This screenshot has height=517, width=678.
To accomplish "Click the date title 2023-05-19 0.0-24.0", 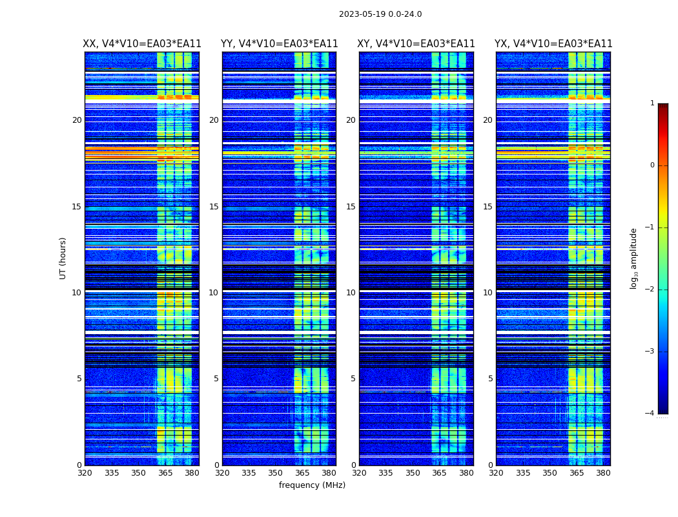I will tap(380, 14).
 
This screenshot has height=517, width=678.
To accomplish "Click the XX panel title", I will tap(142, 44).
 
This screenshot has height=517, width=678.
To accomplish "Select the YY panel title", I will tap(279, 44).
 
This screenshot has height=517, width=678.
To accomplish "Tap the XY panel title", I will tap(416, 44).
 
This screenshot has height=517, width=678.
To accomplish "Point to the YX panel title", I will tap(553, 44).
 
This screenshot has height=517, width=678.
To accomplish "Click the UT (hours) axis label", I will tap(63, 258).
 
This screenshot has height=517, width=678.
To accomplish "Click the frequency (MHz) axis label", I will tap(312, 485).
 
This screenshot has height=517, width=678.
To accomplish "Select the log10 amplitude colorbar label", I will tap(634, 258).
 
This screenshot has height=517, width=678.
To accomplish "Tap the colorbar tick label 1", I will tap(652, 103).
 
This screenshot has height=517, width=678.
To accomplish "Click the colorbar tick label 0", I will tap(652, 165).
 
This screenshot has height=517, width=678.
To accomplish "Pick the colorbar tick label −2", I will tap(651, 290).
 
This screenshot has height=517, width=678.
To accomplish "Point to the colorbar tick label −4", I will tap(651, 414).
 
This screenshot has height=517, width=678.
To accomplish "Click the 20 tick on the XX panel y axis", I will tap(77, 120).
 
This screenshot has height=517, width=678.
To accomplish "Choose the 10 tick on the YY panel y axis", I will tap(214, 293).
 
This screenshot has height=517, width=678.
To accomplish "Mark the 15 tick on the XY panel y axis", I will tap(351, 207).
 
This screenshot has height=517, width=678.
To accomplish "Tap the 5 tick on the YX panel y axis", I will tap(491, 379).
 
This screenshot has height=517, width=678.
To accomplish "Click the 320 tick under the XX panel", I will tap(85, 473).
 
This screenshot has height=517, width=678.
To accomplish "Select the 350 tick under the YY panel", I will tap(276, 473).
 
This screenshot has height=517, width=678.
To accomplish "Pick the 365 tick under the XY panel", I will tap(439, 473).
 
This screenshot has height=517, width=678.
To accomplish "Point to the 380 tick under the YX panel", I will tap(603, 473).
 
